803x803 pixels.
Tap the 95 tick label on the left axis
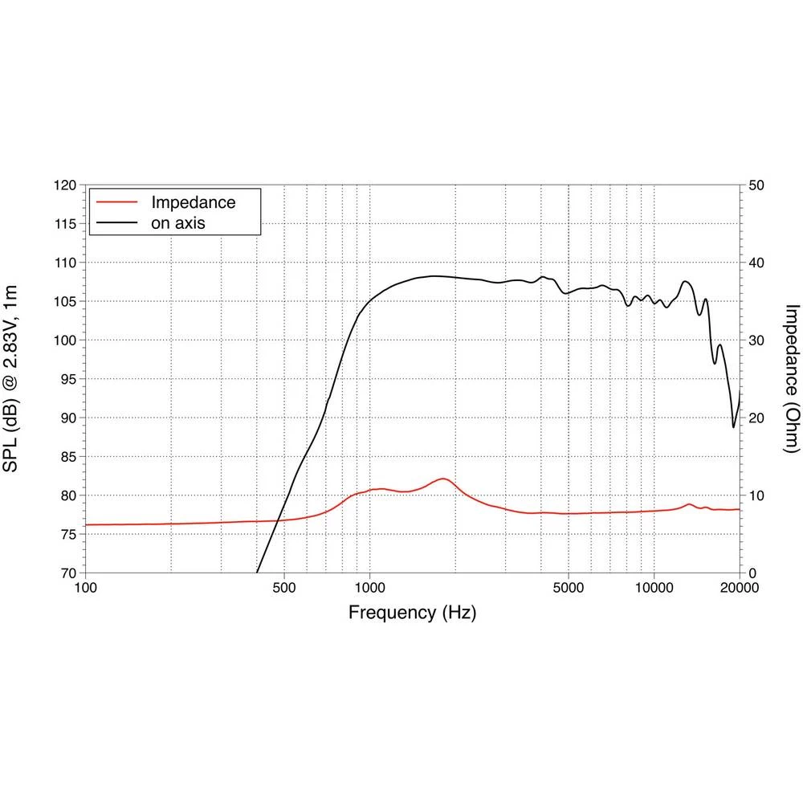coord(68,379)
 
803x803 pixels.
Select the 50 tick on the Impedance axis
coord(757,185)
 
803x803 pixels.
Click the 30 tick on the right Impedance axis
coord(757,340)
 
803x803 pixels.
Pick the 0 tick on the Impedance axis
coord(752,573)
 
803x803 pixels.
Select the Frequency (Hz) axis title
coord(412,613)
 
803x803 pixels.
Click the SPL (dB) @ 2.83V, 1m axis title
coord(17,379)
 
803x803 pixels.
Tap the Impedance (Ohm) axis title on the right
coord(791,379)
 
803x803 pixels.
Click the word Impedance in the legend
coord(194,202)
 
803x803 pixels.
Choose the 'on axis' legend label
coord(178,223)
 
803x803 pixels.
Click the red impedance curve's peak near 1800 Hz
coord(443,479)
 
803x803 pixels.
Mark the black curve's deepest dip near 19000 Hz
coord(733,426)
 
